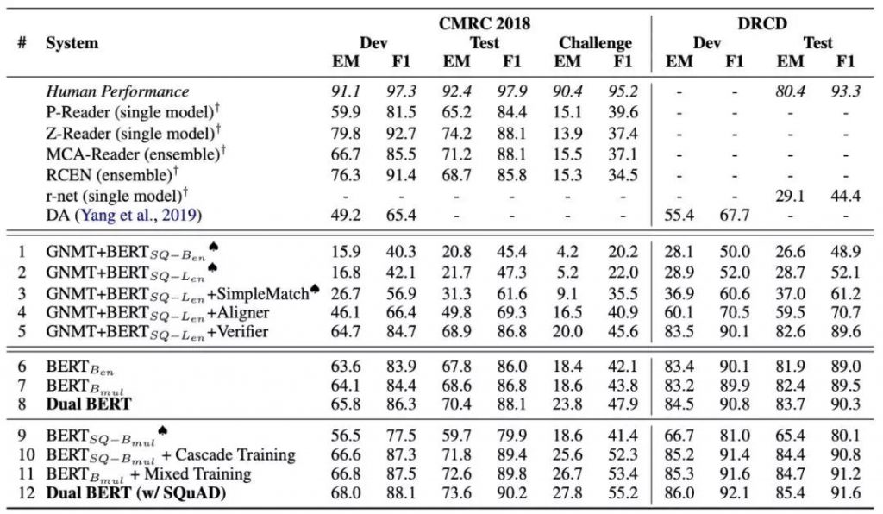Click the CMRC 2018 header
[485, 23]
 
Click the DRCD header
[762, 23]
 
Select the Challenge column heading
[595, 43]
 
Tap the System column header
[72, 43]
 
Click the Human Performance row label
[117, 91]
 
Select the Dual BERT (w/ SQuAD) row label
[135, 493]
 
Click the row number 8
[22, 404]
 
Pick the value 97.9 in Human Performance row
[511, 91]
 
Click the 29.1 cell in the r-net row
[790, 196]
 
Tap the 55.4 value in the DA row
[679, 216]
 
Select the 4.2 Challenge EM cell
[567, 252]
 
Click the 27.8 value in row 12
[567, 493]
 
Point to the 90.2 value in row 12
[511, 493]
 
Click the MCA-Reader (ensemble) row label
[135, 154]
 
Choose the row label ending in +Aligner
[158, 314]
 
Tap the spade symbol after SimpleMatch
[315, 290]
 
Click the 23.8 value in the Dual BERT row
[567, 404]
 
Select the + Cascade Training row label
[171, 455]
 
